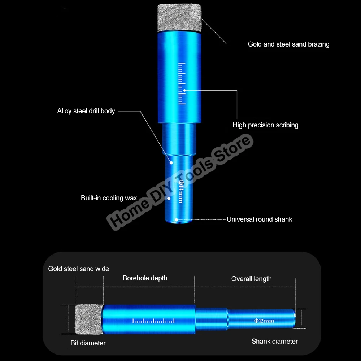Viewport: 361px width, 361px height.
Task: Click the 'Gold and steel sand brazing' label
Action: pos(288,44)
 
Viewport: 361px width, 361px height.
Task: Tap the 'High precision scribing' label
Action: pos(265,125)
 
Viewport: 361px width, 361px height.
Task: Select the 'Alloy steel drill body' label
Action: pos(86,111)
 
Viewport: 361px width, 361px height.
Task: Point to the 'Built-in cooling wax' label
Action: pos(109,198)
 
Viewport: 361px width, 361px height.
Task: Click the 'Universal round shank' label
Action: pos(259,219)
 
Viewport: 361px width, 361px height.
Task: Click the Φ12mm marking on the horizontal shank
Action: pos(264,321)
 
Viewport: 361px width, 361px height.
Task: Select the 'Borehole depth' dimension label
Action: pos(145,278)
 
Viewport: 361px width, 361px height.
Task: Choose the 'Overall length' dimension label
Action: pos(251,279)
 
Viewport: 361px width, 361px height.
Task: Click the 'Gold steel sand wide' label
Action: pos(79,269)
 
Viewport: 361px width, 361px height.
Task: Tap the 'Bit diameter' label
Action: pos(88,343)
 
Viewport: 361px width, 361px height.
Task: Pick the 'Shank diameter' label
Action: pos(274,341)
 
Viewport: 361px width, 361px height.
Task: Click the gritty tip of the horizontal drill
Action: pos(88,319)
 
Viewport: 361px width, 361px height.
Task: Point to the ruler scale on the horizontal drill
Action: pos(153,321)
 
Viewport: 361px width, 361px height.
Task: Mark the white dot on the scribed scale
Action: pos(184,90)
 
